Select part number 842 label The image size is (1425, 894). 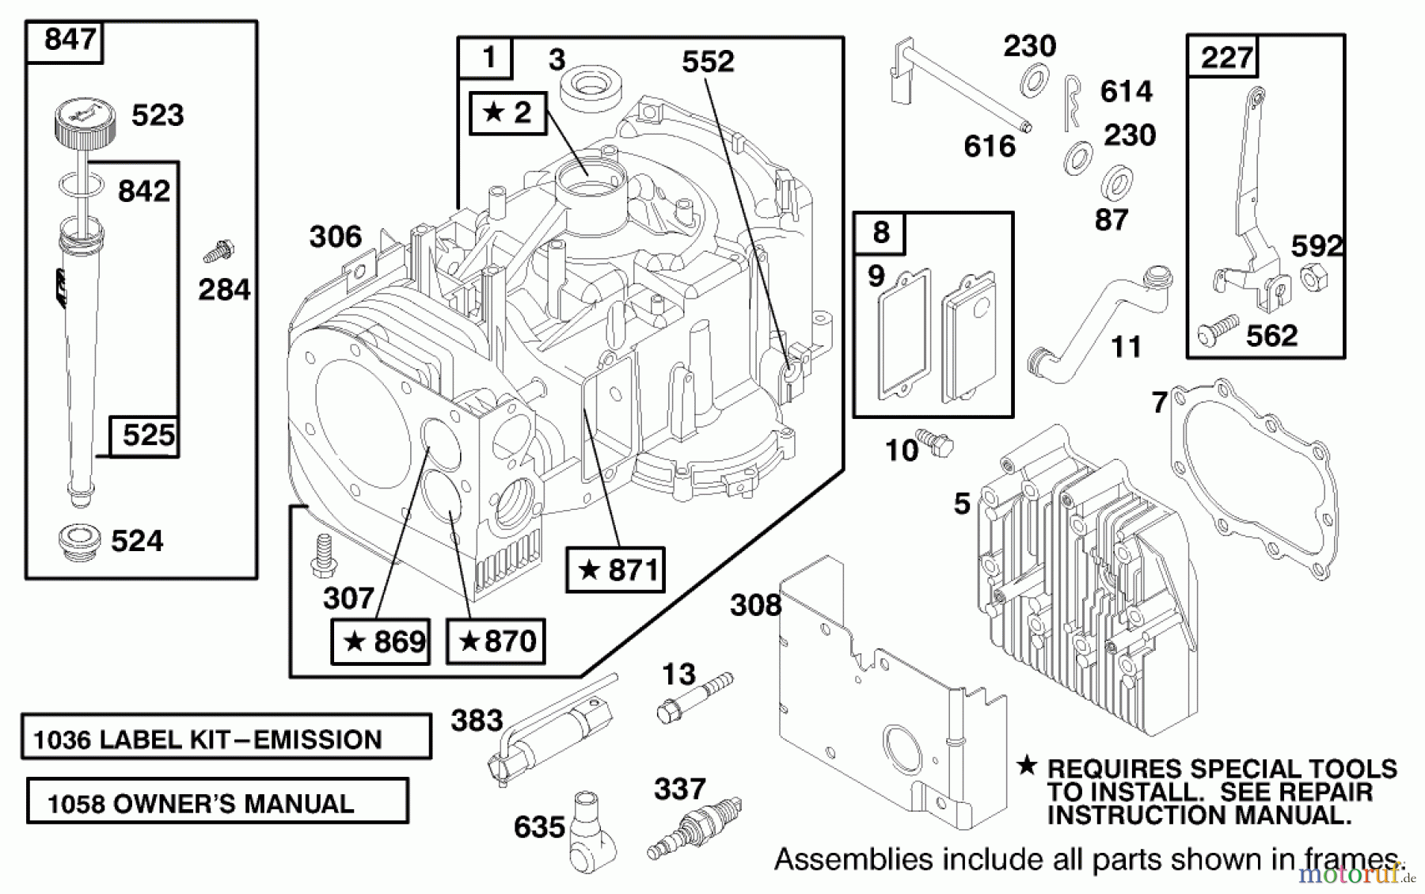[143, 192]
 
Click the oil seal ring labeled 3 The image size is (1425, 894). [587, 87]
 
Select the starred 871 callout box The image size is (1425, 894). [616, 569]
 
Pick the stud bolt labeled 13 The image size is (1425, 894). [693, 696]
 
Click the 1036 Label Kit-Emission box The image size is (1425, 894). [226, 738]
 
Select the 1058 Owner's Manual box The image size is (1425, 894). [217, 801]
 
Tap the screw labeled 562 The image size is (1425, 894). [1216, 330]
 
